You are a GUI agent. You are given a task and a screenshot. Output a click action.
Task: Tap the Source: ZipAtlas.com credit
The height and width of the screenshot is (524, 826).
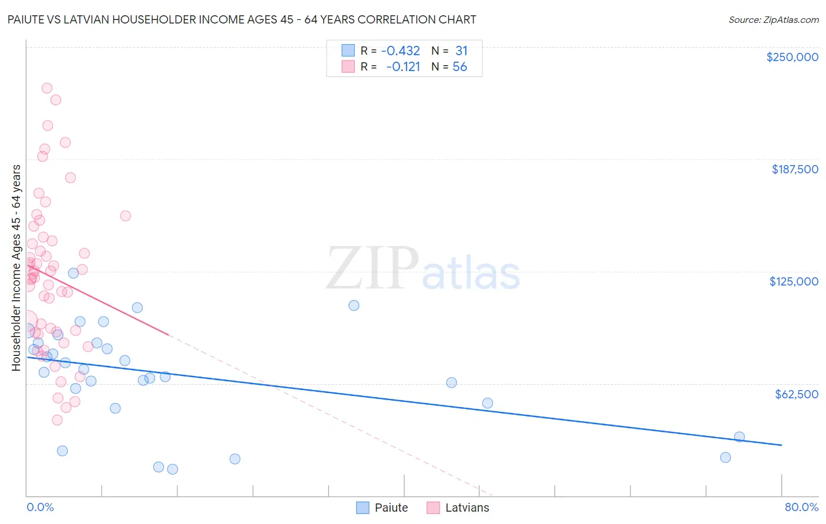pyautogui.click(x=773, y=20)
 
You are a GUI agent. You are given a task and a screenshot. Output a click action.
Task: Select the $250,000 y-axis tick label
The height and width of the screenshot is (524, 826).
pyautogui.click(x=792, y=57)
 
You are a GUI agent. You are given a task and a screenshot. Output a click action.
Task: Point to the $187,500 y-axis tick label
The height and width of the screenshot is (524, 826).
pyautogui.click(x=794, y=169)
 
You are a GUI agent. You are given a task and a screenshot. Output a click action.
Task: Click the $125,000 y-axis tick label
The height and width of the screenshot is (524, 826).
pyautogui.click(x=794, y=281)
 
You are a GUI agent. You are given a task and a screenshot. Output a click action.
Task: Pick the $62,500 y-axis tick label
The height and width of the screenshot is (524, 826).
pyautogui.click(x=796, y=394)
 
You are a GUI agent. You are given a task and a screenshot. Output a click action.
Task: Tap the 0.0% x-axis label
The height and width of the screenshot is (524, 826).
pyautogui.click(x=40, y=507)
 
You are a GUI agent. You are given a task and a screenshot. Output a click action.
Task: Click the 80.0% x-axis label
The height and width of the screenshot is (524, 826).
pyautogui.click(x=801, y=507)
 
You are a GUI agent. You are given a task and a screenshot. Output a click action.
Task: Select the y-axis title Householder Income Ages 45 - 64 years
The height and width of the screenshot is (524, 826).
pyautogui.click(x=16, y=267)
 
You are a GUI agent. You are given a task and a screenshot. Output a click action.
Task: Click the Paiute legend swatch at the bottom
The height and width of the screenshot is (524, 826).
pyautogui.click(x=363, y=508)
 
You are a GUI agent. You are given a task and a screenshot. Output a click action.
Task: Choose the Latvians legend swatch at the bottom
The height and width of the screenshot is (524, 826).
pyautogui.click(x=433, y=508)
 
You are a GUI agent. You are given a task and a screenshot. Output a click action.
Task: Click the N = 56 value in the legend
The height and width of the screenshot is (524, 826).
pyautogui.click(x=449, y=67)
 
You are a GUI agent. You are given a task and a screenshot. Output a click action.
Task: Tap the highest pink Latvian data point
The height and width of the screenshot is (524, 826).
pyautogui.click(x=47, y=88)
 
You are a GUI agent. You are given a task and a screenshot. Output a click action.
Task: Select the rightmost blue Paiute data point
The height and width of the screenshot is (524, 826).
pyautogui.click(x=739, y=437)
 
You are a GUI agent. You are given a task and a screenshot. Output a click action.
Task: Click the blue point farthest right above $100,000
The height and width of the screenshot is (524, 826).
pyautogui.click(x=354, y=305)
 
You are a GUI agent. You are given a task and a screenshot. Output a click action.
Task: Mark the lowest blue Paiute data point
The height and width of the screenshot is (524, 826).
pyautogui.click(x=172, y=469)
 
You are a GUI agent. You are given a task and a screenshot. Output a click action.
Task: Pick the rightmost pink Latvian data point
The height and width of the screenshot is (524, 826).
pyautogui.click(x=125, y=216)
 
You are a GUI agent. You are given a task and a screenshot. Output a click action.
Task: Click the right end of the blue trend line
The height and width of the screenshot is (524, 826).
pyautogui.click(x=781, y=445)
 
